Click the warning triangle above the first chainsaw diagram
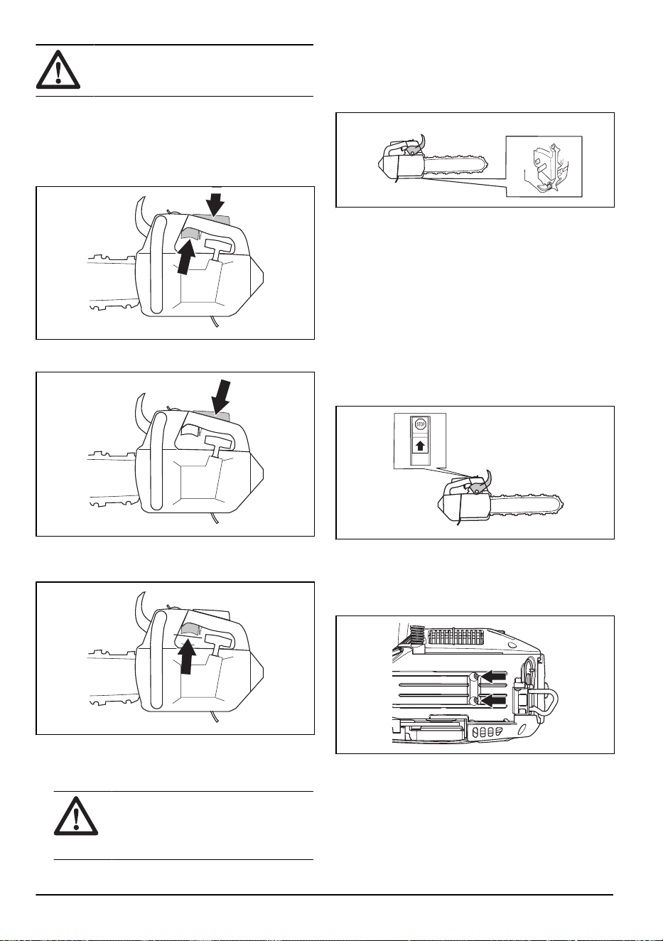[x=58, y=70]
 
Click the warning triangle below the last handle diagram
[x=76, y=816]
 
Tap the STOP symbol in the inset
[x=420, y=425]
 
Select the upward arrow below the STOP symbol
[x=420, y=446]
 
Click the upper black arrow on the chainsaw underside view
[x=494, y=677]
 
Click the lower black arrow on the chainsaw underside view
[x=494, y=701]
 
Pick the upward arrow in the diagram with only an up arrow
[x=187, y=656]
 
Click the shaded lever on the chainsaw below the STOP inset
[x=475, y=488]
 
